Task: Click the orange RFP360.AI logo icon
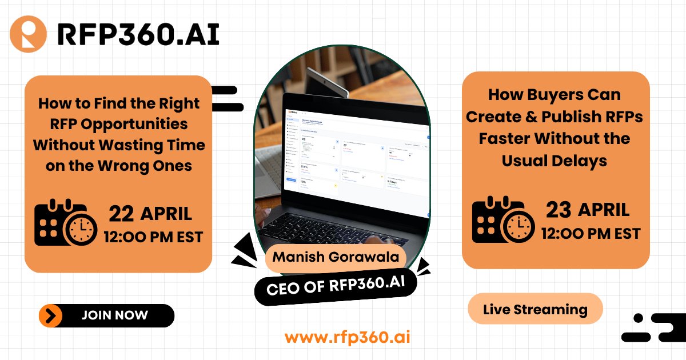[x=28, y=35]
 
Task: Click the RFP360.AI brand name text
[x=138, y=35]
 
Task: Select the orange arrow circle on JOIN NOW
[x=51, y=315]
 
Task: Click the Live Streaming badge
[x=535, y=310]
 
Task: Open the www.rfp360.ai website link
[x=347, y=337]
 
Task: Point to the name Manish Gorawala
[x=336, y=256]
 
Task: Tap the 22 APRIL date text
[x=150, y=214]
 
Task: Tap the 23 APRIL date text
[x=588, y=210]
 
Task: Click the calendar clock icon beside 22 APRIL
[x=62, y=222]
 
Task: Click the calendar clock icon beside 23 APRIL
[x=501, y=219]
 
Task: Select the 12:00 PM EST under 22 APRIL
[x=153, y=237]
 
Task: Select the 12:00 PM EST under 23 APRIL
[x=591, y=233]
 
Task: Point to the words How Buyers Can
[x=554, y=94]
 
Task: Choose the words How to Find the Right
[x=119, y=103]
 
